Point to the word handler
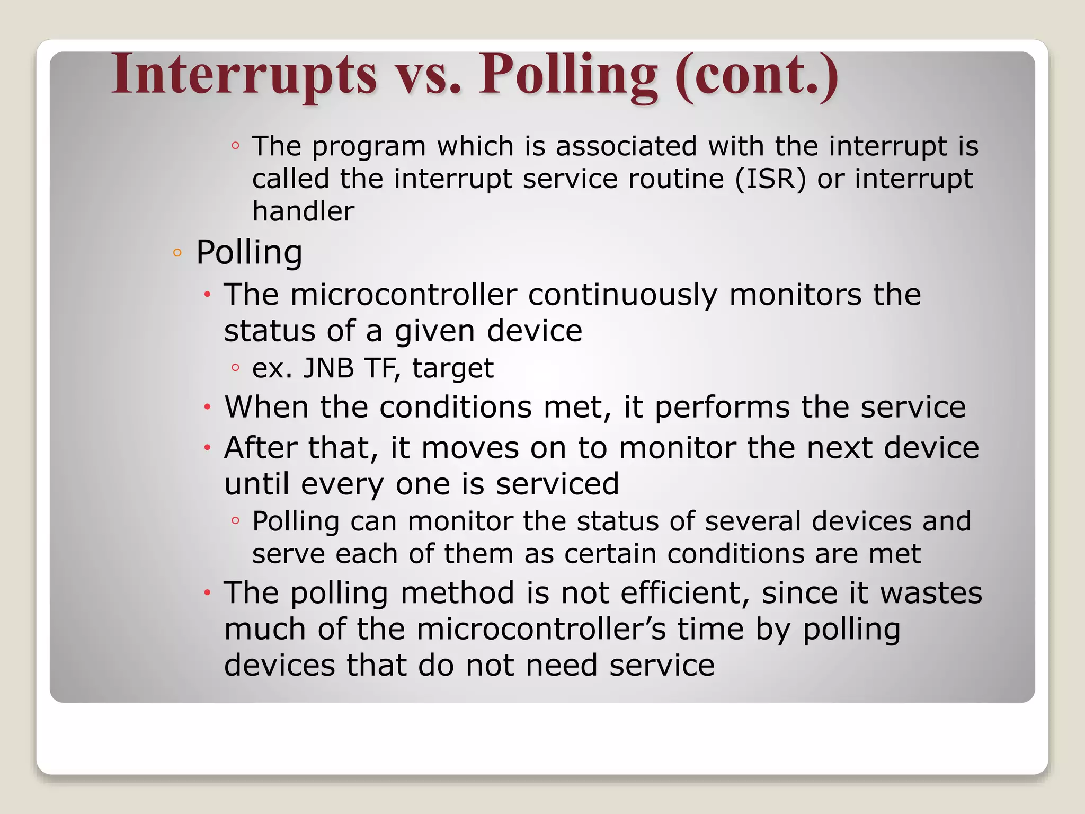point(303,211)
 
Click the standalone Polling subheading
point(249,252)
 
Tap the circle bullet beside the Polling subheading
point(177,253)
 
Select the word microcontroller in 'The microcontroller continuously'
point(403,295)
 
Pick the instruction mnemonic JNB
point(328,368)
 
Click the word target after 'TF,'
point(453,368)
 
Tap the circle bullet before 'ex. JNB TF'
point(236,367)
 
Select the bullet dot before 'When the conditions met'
point(208,408)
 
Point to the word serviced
point(557,484)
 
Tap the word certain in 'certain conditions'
point(610,554)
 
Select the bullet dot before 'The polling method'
point(208,592)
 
